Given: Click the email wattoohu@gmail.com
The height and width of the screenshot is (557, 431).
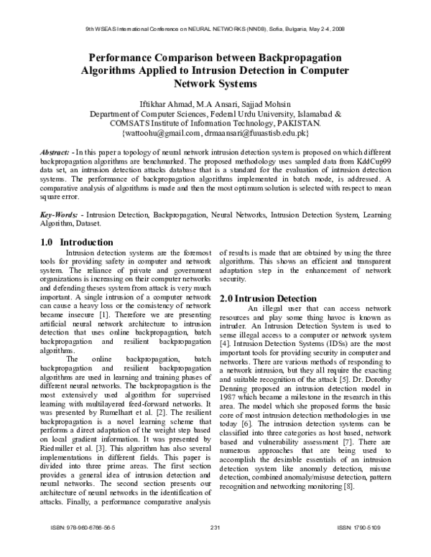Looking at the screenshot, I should pos(159,133).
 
